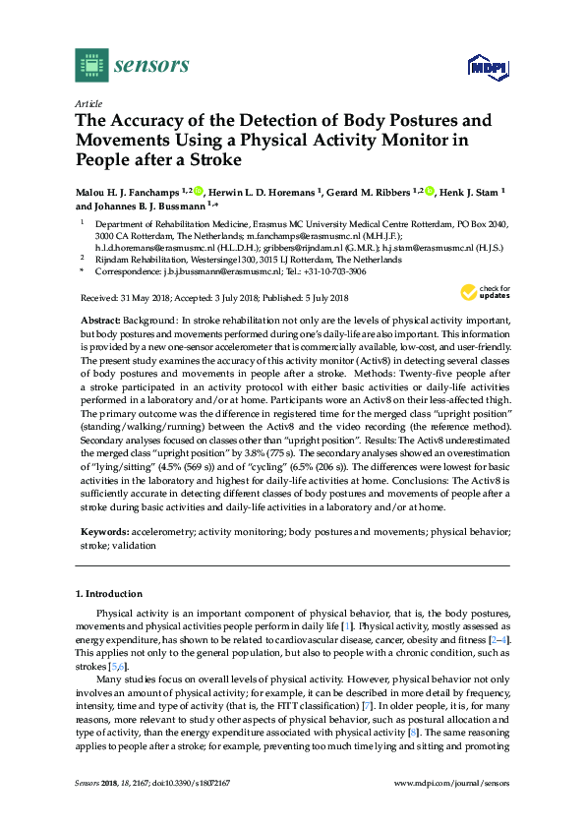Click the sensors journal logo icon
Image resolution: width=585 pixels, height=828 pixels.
click(91, 66)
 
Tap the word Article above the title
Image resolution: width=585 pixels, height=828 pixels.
click(88, 103)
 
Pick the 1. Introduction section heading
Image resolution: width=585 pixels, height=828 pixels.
click(108, 594)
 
